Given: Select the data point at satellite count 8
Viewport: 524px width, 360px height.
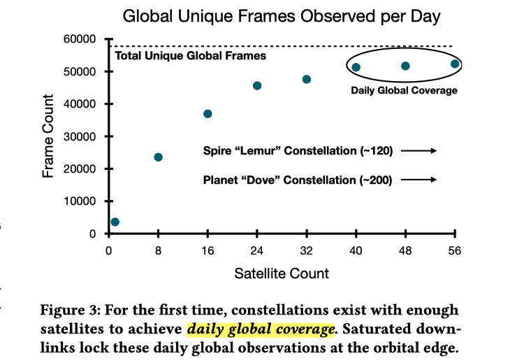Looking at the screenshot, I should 158,157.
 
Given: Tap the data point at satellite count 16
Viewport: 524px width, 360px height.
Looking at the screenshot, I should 208,114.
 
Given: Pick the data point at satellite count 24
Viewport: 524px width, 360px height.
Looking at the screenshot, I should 257,86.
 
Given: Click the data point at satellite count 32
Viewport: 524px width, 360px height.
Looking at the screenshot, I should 307,80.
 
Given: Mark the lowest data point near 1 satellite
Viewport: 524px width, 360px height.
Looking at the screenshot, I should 115,222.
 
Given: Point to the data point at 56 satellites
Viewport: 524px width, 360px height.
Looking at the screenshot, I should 455,64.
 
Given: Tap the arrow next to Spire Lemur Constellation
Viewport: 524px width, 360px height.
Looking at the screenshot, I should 423,150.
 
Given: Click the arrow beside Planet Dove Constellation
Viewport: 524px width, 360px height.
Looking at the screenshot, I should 423,180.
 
